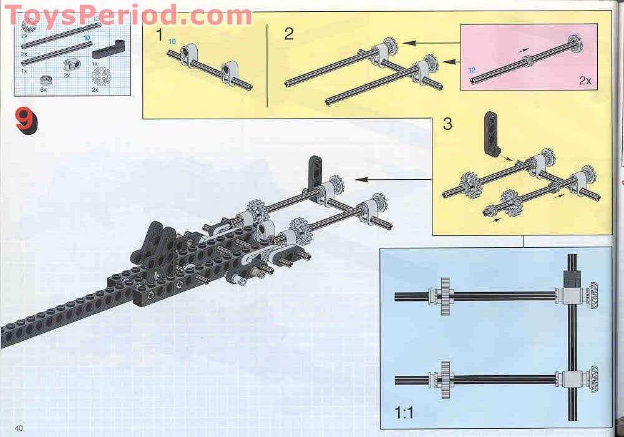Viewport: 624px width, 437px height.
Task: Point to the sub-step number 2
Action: pos(288,34)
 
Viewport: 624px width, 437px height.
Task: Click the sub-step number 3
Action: pos(447,123)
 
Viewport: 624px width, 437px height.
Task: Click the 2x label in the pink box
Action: pos(585,81)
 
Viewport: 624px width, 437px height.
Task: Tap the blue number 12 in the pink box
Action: pos(471,70)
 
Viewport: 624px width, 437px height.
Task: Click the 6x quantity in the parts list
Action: pos(43,91)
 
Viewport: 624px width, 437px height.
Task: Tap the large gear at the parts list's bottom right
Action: pos(100,78)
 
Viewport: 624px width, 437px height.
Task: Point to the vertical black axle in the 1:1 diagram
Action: pos(572,350)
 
